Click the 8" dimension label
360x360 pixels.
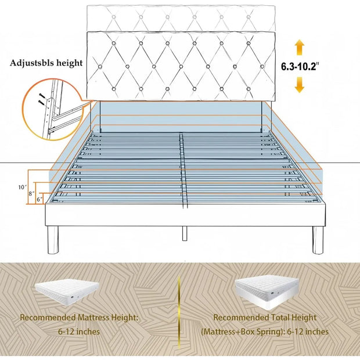[x=33, y=192]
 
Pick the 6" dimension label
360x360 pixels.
[x=39, y=199]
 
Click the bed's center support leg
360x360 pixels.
[x=184, y=233]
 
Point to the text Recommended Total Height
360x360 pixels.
[x=265, y=318]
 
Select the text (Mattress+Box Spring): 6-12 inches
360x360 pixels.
[x=265, y=332]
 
